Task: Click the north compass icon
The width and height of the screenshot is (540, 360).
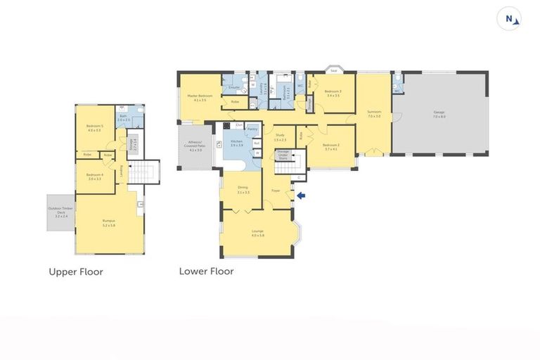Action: pos(508,20)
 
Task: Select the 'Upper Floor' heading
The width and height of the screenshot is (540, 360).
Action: pos(76,271)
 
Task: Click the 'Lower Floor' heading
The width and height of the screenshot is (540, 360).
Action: pos(206,271)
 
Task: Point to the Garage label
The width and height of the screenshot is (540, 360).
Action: pos(439,111)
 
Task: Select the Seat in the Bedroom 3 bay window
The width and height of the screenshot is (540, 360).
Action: pos(334,70)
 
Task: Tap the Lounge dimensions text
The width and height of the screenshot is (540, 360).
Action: pos(257,235)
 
